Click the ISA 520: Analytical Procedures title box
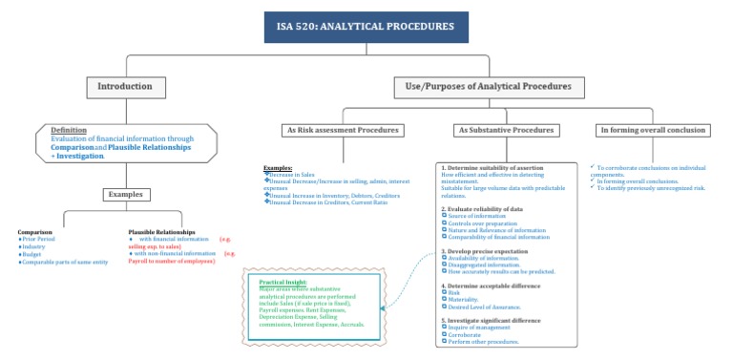(366, 27)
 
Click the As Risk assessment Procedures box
(343, 130)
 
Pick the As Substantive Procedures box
(506, 130)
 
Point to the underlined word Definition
(69, 130)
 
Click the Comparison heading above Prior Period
(35, 231)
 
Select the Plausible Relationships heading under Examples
(163, 231)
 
